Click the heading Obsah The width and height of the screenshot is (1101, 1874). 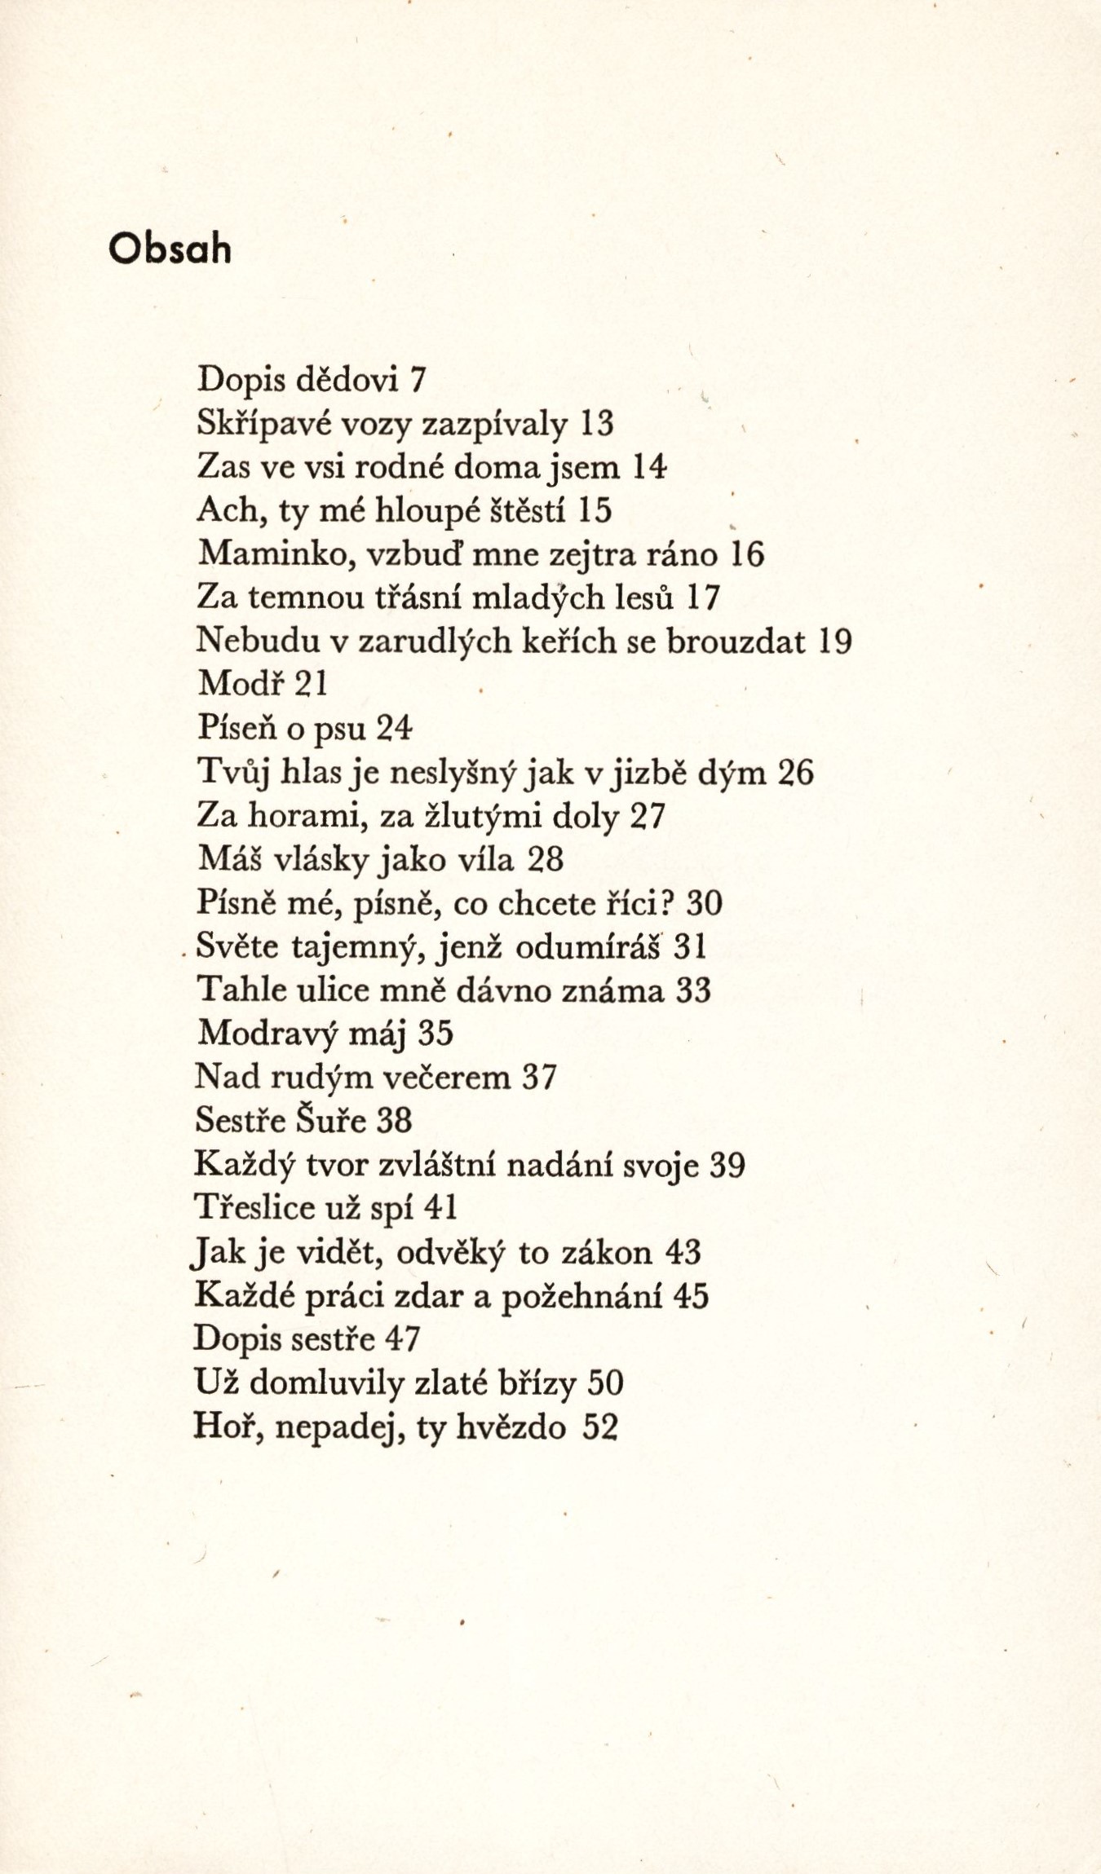[x=170, y=249]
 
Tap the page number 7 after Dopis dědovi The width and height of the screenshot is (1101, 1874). [x=418, y=380]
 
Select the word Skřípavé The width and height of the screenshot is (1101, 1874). [x=254, y=424]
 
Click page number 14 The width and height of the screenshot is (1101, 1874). [x=650, y=467]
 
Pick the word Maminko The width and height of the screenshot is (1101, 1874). [x=276, y=554]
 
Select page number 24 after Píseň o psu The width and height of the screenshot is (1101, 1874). [x=395, y=729]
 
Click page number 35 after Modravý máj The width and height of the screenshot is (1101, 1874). [x=435, y=1034]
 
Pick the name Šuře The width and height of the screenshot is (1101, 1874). [x=342, y=1121]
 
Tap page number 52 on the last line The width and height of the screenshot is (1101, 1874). [x=601, y=1427]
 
